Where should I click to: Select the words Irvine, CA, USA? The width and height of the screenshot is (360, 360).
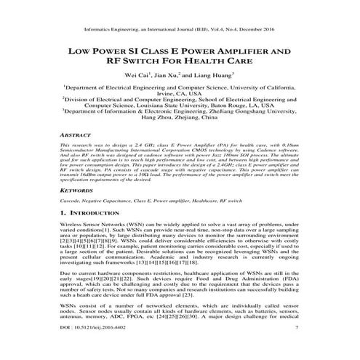tap(180, 94)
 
